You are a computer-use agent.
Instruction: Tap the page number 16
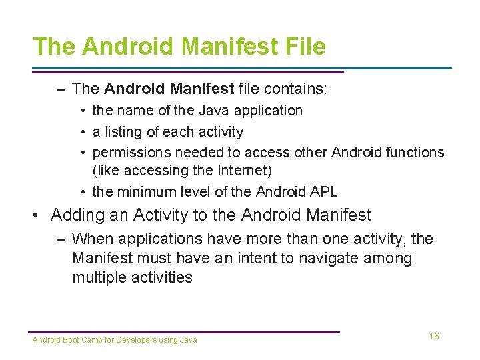coord(434,336)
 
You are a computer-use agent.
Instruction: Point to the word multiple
coord(99,277)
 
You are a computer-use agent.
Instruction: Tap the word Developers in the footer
coord(138,340)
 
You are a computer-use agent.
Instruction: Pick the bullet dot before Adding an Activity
coord(38,215)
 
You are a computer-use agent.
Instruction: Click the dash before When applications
coord(61,239)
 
